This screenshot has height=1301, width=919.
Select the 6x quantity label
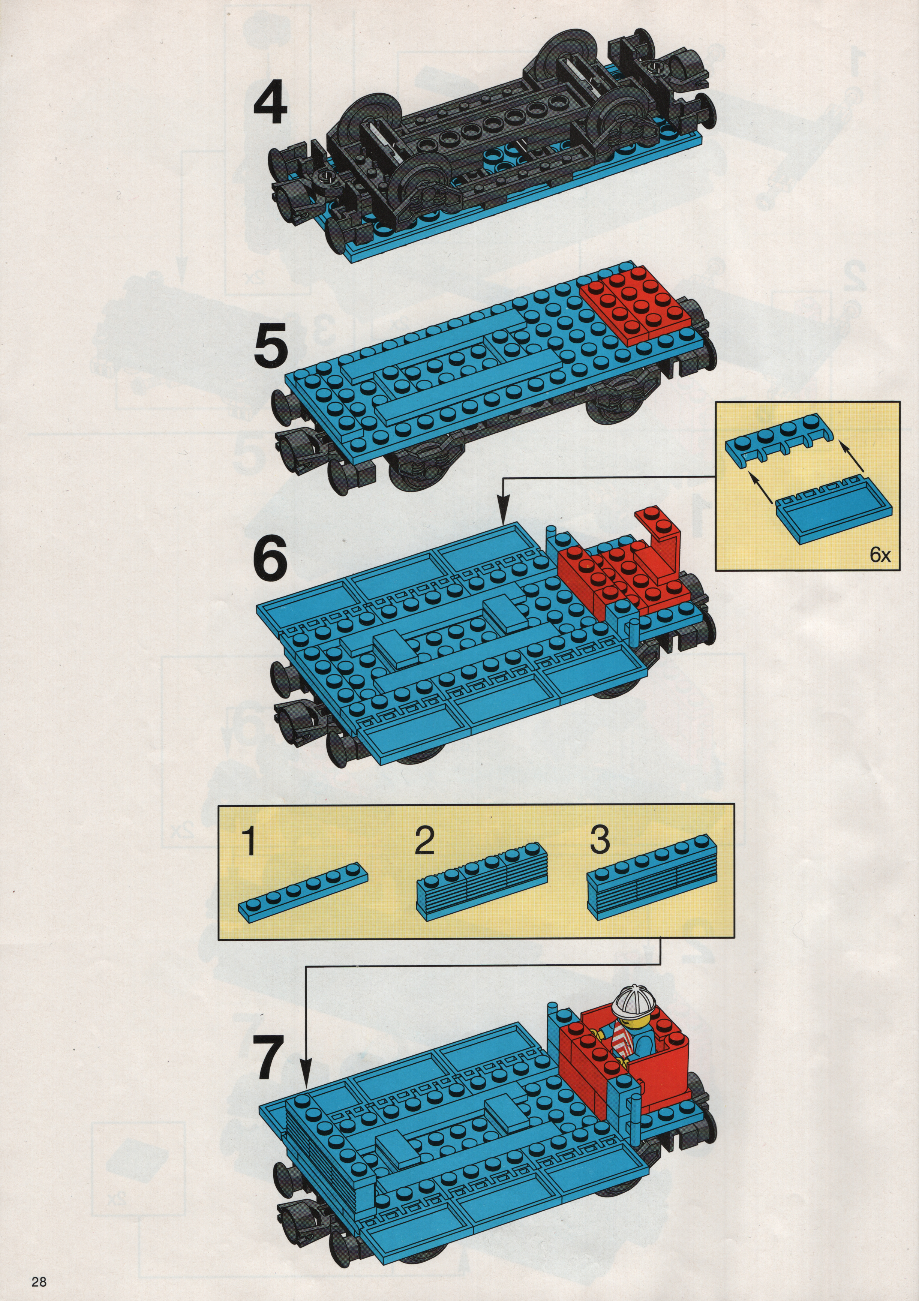[880, 555]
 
